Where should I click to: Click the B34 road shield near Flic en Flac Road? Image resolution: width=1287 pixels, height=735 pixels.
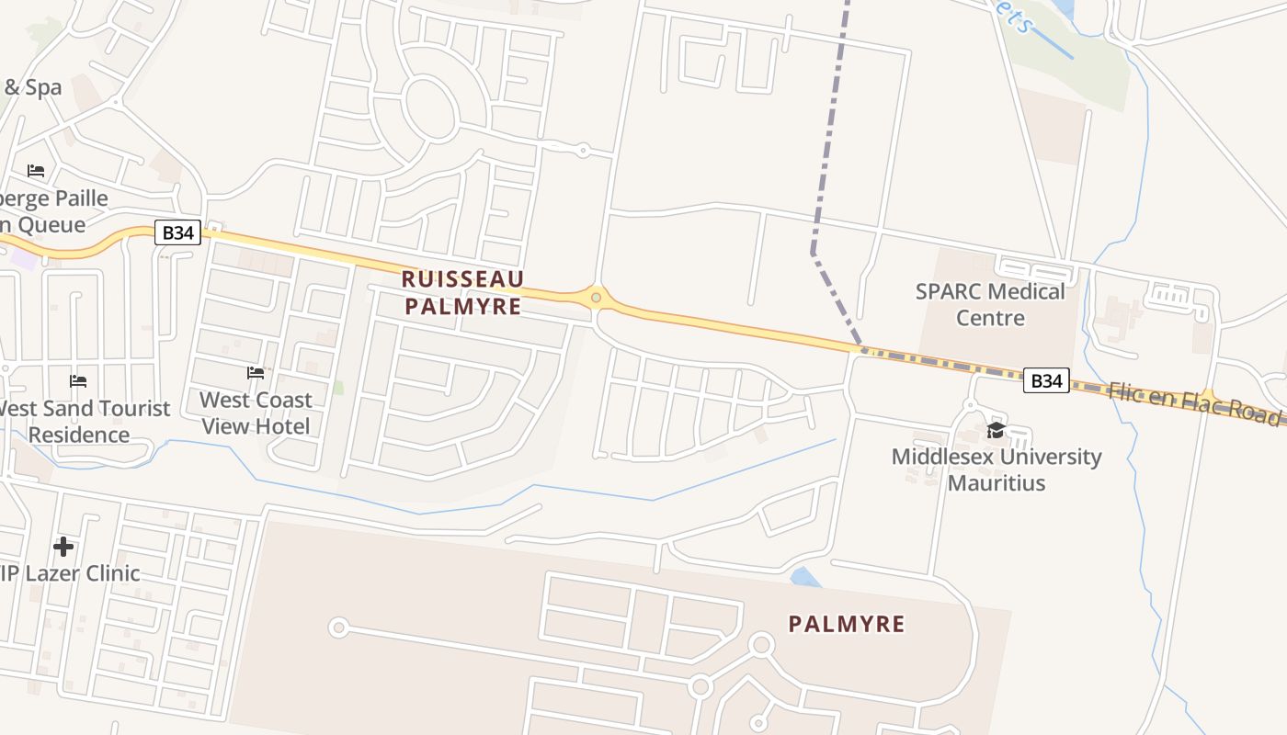pyautogui.click(x=1046, y=380)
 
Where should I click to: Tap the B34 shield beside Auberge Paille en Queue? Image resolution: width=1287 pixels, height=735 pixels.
pyautogui.click(x=177, y=232)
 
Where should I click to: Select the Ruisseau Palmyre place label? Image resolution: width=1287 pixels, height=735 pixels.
pyautogui.click(x=463, y=292)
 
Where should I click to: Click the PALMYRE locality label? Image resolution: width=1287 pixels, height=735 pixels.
pyautogui.click(x=847, y=625)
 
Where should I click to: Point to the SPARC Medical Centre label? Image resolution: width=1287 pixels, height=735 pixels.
pyautogui.click(x=990, y=304)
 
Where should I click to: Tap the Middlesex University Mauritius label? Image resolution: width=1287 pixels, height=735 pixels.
pyautogui.click(x=997, y=469)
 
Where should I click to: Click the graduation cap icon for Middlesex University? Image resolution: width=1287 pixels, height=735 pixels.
pyautogui.click(x=996, y=431)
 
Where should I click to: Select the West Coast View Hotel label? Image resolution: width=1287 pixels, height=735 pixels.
pyautogui.click(x=256, y=413)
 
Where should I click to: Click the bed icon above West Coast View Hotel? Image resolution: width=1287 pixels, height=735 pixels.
pyautogui.click(x=256, y=373)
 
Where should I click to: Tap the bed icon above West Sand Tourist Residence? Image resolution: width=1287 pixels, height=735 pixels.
pyautogui.click(x=78, y=381)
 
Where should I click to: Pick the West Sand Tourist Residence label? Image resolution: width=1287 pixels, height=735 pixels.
pyautogui.click(x=83, y=421)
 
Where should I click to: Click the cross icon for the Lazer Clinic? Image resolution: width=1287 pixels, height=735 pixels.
pyautogui.click(x=63, y=547)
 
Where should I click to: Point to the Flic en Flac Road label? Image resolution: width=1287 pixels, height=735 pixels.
pyautogui.click(x=1195, y=402)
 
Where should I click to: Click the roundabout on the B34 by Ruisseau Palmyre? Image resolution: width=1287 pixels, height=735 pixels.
pyautogui.click(x=597, y=297)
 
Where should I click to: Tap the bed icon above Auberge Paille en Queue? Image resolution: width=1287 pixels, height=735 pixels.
pyautogui.click(x=36, y=171)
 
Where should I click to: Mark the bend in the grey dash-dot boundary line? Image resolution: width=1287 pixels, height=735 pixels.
pyautogui.click(x=814, y=253)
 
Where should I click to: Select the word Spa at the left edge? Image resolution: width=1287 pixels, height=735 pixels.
pyautogui.click(x=43, y=87)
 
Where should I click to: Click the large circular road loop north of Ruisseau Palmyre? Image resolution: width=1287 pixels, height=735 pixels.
pyautogui.click(x=429, y=108)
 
